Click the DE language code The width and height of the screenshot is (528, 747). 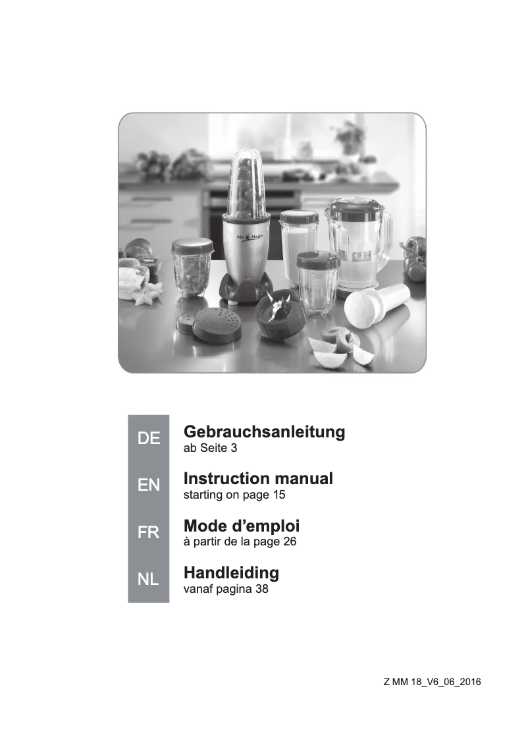click(149, 438)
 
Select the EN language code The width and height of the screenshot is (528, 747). click(149, 485)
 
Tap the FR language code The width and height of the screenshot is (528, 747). click(149, 532)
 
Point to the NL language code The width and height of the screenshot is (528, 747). click(148, 579)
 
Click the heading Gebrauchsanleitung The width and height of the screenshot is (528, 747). click(264, 431)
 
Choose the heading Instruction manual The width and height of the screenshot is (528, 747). click(258, 478)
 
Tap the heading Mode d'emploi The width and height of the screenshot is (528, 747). click(242, 526)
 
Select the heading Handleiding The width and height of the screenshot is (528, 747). click(231, 572)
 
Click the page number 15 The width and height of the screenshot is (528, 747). click(279, 495)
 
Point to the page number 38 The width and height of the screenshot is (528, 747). click(262, 589)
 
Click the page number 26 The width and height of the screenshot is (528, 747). click(290, 541)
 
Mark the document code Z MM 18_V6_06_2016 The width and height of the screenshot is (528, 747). click(433, 682)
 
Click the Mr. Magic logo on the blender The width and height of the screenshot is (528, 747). click(250, 236)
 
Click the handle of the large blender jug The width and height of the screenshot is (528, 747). click(388, 233)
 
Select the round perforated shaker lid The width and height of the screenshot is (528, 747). click(216, 324)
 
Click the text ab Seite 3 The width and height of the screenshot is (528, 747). click(210, 448)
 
